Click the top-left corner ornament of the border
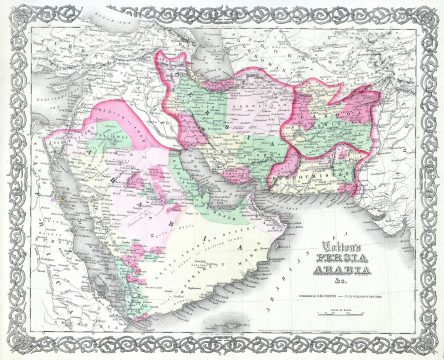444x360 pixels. (13, 13)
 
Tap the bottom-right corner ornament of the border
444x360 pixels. (431, 347)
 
